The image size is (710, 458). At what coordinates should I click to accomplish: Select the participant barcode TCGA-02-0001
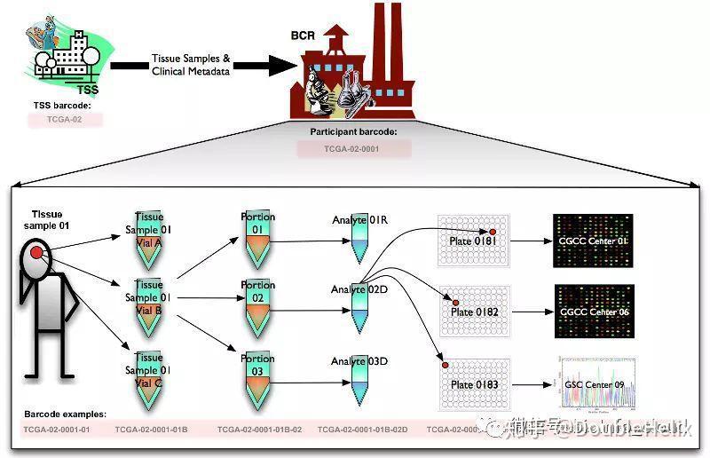click(351, 148)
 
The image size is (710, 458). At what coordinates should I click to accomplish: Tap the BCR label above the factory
click(304, 36)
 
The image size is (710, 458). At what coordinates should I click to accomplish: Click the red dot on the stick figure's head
click(36, 254)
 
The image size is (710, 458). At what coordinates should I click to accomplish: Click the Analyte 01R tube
click(360, 238)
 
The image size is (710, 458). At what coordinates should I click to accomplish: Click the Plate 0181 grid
click(475, 240)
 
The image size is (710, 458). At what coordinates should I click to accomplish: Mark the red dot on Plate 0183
click(445, 365)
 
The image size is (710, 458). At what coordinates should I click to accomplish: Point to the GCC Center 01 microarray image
click(594, 240)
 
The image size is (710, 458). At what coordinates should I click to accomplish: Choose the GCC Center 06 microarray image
click(594, 312)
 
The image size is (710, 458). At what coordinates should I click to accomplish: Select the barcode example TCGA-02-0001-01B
click(151, 430)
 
